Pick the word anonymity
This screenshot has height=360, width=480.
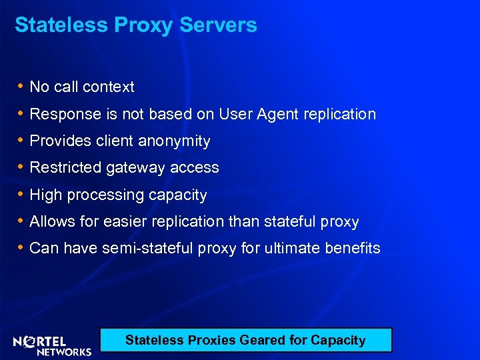point(174,141)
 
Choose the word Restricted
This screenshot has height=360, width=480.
point(66,168)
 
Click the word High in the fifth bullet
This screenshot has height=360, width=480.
point(45,195)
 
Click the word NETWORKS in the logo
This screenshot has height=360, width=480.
point(65,351)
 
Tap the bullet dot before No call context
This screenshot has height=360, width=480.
point(21,86)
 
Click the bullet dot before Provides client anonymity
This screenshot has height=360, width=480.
point(21,141)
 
